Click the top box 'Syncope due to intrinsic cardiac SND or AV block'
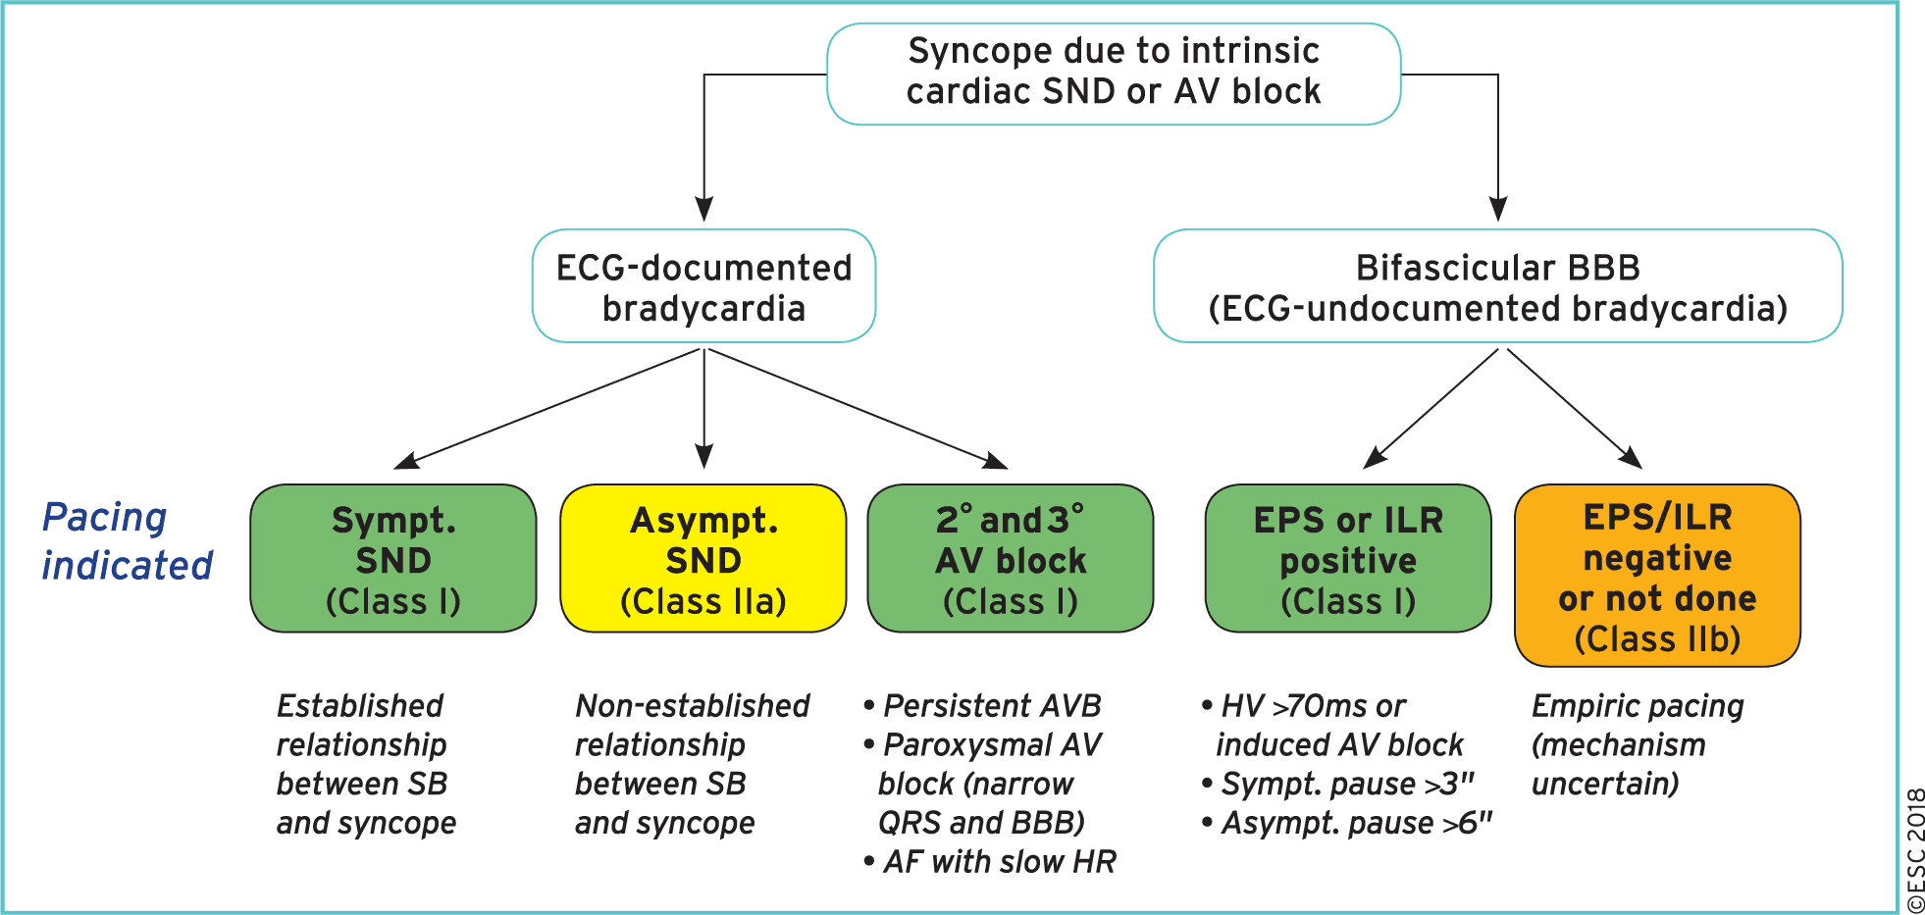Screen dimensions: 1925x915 [x=1114, y=74]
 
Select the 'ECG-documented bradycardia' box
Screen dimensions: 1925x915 [x=703, y=285]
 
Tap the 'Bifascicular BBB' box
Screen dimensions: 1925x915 [x=1497, y=285]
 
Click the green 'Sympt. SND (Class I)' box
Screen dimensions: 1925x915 [x=393, y=558]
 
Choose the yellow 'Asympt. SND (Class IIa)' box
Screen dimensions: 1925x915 [x=703, y=558]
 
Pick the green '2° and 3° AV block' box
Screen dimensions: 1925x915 [x=1011, y=558]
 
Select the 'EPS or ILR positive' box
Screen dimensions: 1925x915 [x=1348, y=558]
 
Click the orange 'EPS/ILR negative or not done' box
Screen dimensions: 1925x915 [x=1657, y=576]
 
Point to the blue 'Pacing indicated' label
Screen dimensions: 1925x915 [x=128, y=541]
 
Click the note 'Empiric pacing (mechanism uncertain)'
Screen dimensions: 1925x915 [x=1638, y=745]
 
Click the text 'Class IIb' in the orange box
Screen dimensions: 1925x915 [x=1657, y=639]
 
